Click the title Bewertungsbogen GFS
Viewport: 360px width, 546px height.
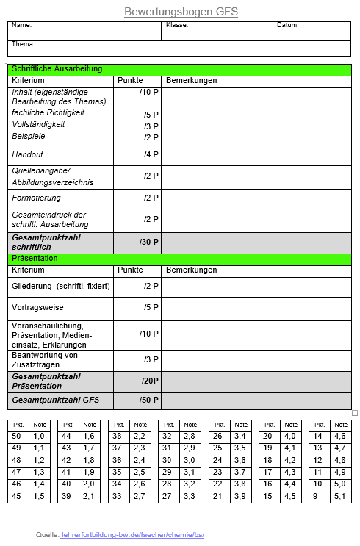pos(181,12)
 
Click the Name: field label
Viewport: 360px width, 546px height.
pos(22,25)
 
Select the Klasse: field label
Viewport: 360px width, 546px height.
pos(177,25)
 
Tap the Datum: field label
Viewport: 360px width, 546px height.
pos(288,25)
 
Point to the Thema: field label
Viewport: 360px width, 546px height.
pos(24,44)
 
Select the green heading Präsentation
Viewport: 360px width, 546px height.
pos(35,259)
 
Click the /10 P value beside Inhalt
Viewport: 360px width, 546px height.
pos(148,92)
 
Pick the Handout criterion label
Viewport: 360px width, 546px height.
pos(28,155)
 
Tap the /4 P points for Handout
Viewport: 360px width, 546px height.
pos(151,155)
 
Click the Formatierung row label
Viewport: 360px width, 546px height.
pos(37,198)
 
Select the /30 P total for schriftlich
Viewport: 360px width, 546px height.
pos(148,242)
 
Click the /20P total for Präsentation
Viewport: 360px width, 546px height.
pos(150,381)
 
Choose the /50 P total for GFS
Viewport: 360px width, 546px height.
pos(150,400)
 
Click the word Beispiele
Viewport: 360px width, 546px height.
pos(29,137)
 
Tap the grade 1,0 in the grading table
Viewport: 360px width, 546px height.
pos(39,436)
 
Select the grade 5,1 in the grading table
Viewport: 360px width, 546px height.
pos(339,497)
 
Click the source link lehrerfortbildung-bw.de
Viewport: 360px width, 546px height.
pos(132,535)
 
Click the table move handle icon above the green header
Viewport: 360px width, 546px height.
pos(4,58)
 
